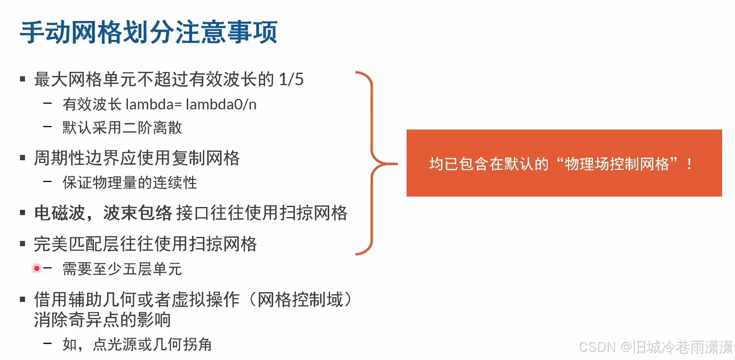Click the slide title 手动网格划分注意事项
(148, 32)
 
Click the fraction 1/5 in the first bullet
(291, 79)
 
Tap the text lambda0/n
(221, 105)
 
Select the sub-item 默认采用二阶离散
(122, 128)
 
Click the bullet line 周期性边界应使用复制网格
(137, 158)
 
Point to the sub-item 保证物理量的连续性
(129, 182)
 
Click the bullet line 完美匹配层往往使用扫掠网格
(145, 244)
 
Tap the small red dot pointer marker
(37, 268)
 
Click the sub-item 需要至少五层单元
(122, 269)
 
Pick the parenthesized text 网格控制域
(300, 299)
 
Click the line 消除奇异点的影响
(102, 320)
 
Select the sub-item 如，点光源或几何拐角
(137, 344)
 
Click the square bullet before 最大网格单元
(23, 79)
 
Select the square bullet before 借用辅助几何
(23, 299)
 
